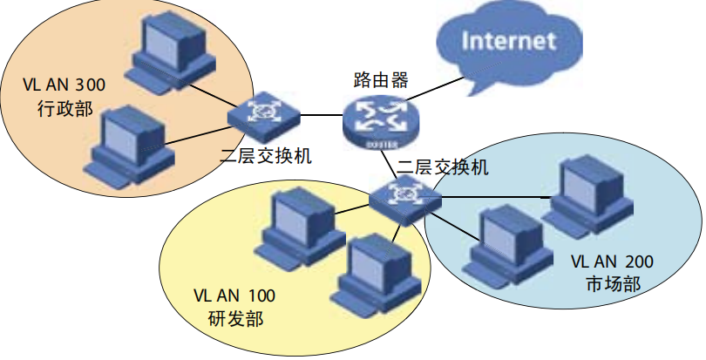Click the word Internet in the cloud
pos(508,41)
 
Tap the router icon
pos(381,123)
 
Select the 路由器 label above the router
pos(381,79)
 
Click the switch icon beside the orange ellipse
pos(263,114)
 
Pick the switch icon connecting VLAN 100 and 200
pos(405,199)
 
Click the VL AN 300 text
pos(64,85)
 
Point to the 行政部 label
pos(64,109)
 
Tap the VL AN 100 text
pos(234,296)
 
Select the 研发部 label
pos(235,318)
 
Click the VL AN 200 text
pos(612,262)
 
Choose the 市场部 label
pos(614,284)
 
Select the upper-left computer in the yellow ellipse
pos(300,228)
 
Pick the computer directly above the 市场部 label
pos(587,194)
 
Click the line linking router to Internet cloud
pos(436,89)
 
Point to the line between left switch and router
pos(322,115)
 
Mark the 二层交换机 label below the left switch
pos(266,157)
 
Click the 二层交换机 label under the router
pos(442,167)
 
